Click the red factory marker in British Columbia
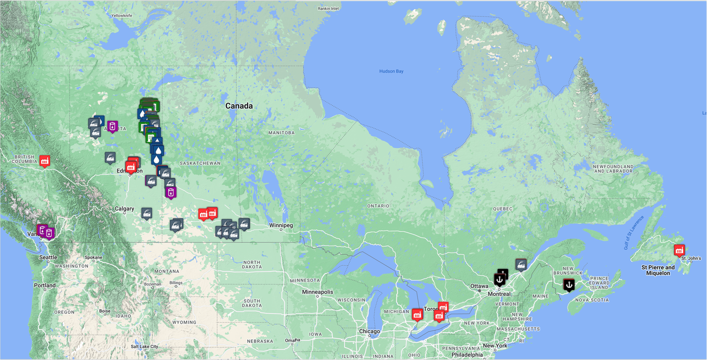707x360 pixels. pos(45,160)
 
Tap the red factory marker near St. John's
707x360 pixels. pos(679,249)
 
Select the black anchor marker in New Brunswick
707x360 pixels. pos(569,284)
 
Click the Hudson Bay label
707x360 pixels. pos(391,71)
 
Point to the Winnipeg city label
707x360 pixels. pos(281,225)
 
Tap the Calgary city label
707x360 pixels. pos(124,209)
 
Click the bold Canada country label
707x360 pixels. pos(239,106)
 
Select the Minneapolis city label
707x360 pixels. pos(318,292)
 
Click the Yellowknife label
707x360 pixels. pos(122,15)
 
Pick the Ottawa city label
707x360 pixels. pos(479,286)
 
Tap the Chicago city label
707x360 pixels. pos(369,331)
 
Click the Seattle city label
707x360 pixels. pos(48,257)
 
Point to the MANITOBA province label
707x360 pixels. pos(281,133)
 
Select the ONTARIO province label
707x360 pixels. pos(378,206)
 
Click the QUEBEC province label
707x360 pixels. pos(502,208)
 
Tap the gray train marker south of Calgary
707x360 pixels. pos(147,213)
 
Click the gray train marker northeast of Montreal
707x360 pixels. pos(521,264)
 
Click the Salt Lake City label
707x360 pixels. pos(144,347)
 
